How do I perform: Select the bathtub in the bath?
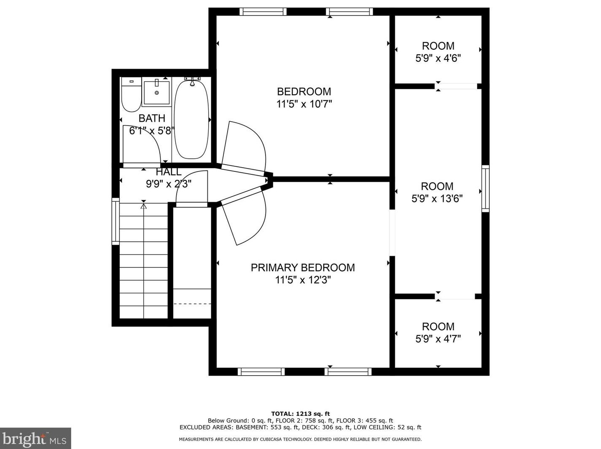(x=192, y=119)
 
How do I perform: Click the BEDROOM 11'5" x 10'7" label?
(x=304, y=98)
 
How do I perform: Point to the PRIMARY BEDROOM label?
(x=303, y=267)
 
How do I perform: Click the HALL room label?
(x=169, y=172)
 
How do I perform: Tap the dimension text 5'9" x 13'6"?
(x=437, y=198)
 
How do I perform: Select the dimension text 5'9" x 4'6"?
(x=438, y=58)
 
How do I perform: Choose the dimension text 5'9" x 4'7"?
(x=438, y=339)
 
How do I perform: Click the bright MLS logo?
(x=35, y=438)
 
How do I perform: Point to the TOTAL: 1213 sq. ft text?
(x=300, y=414)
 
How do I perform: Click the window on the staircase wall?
(x=115, y=221)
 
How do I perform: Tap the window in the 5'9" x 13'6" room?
(x=486, y=189)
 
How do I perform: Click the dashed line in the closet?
(x=192, y=304)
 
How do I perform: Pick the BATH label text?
(x=152, y=118)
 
